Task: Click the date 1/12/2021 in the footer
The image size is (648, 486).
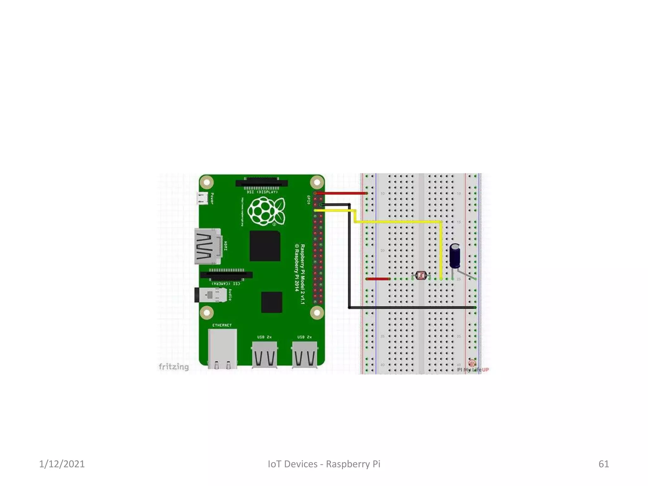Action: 62,464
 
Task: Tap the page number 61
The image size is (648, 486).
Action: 603,464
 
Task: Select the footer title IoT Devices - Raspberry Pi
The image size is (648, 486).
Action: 324,464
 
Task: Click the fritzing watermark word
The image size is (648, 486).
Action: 173,367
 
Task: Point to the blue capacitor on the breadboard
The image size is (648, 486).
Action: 455,256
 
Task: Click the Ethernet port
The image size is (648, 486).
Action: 222,348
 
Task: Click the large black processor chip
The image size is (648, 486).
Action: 265,246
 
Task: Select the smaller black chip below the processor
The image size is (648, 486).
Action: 271,302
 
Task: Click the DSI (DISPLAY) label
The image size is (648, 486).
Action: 262,192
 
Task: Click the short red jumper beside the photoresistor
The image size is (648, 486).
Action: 377,279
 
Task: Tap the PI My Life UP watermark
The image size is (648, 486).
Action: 473,369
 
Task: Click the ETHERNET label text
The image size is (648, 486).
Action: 222,325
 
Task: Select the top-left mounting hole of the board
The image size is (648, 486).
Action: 207,182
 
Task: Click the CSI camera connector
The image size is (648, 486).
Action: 226,275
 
